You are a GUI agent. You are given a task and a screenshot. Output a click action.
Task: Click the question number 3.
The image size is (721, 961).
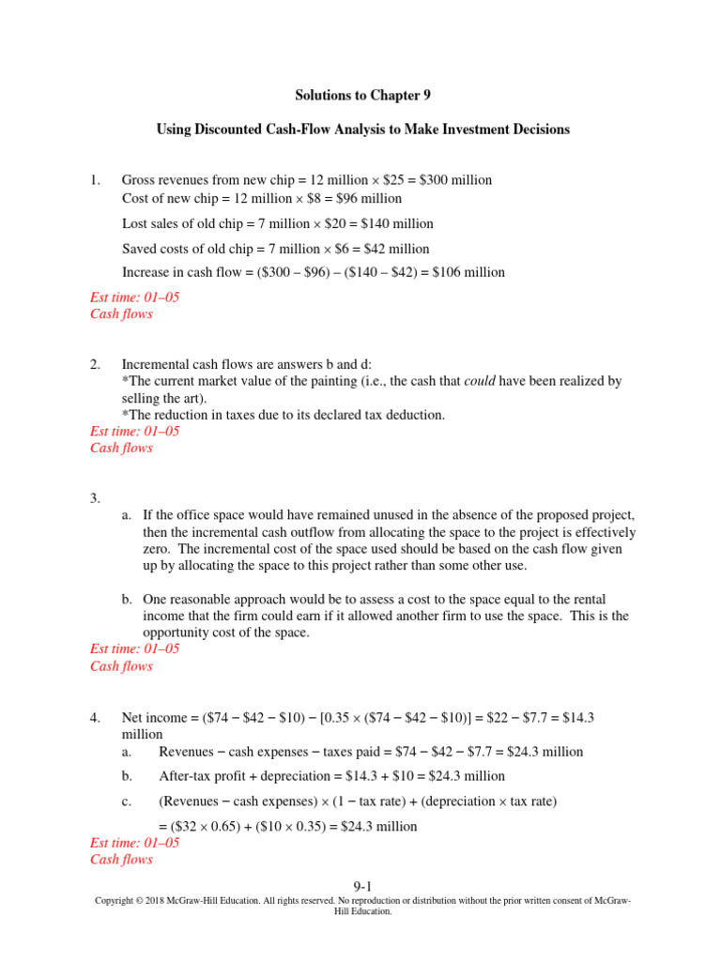pos(95,498)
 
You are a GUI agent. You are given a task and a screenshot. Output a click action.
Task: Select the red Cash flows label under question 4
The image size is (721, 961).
pos(121,859)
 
